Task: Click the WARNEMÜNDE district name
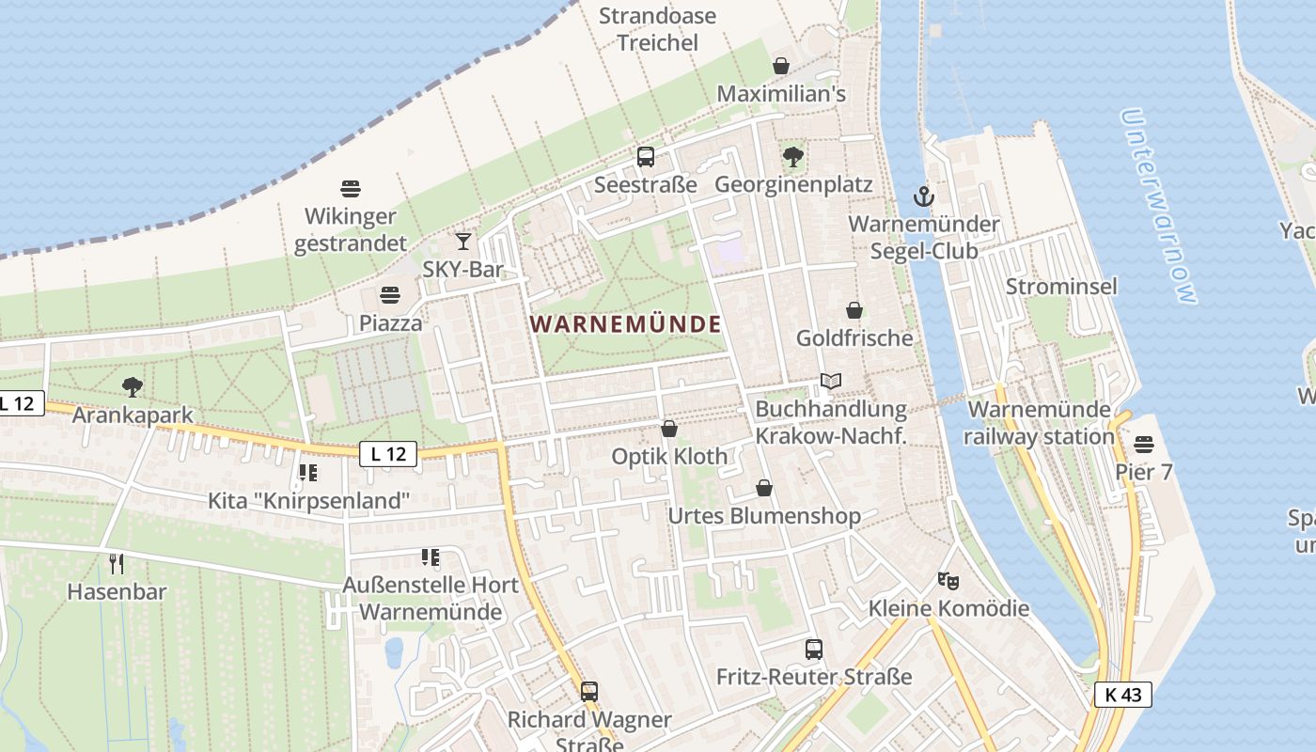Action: click(626, 324)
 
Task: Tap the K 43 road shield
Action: click(1122, 695)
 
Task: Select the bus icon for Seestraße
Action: click(646, 157)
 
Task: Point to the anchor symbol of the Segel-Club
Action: click(924, 196)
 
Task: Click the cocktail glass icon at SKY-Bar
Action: click(463, 242)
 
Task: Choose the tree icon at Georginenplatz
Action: click(793, 157)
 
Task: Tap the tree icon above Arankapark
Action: click(133, 386)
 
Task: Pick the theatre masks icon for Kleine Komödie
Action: click(948, 581)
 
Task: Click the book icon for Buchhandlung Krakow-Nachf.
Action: click(830, 381)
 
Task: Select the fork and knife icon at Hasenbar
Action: click(117, 563)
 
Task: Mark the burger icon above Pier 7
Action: click(1144, 443)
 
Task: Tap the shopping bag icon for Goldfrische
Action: click(854, 310)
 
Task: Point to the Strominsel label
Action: click(1061, 286)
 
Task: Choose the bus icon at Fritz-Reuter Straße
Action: click(814, 649)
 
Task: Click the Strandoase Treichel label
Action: click(657, 29)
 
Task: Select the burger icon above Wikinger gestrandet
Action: click(351, 189)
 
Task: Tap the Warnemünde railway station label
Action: click(1041, 423)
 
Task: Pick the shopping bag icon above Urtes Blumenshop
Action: click(764, 488)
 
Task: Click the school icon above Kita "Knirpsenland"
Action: click(308, 472)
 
